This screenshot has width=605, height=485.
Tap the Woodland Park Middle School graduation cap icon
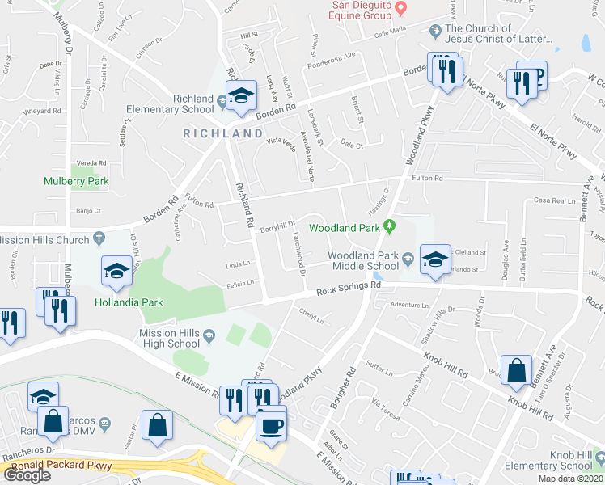pos(435,259)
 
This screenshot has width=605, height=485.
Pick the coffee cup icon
pos(271,424)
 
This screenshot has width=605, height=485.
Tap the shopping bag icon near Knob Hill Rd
pos(516,370)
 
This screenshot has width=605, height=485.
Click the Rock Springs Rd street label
pos(348,288)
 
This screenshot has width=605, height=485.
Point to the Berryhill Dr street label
pos(277,228)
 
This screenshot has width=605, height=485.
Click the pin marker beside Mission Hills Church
pos(99,238)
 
